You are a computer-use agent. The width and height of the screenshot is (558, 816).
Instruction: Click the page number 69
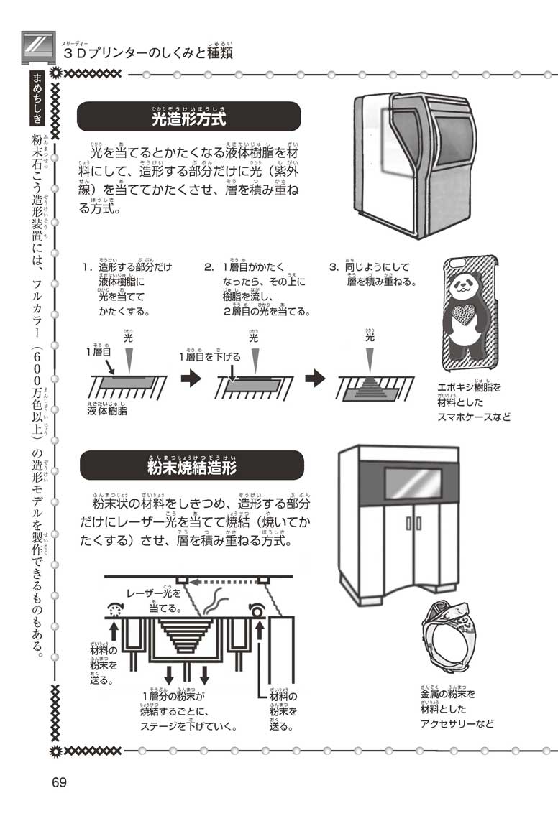[59, 782]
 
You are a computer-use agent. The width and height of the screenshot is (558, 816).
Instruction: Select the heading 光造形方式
[188, 117]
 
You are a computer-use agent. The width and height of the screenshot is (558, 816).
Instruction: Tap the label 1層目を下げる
[210, 357]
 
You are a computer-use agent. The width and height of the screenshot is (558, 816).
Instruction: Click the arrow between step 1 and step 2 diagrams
[191, 379]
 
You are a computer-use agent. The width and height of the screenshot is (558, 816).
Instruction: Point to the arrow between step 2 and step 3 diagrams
[315, 379]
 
